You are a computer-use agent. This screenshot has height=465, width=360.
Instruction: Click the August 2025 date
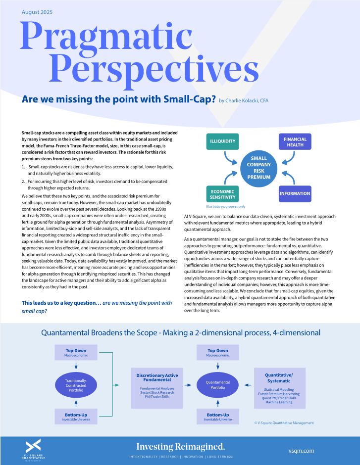(x=37, y=12)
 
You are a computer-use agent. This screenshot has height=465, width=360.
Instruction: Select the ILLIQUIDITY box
(x=223, y=141)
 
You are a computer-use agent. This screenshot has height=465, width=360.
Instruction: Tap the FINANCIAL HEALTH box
(x=295, y=142)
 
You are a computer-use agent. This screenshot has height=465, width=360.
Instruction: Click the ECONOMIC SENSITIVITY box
(x=223, y=194)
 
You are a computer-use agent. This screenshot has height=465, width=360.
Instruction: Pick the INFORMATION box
(x=295, y=193)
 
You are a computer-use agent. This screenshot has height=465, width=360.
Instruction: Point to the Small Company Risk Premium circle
(x=259, y=169)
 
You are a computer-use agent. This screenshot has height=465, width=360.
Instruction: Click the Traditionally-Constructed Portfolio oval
(x=76, y=385)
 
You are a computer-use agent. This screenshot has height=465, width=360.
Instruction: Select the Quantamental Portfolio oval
(x=218, y=385)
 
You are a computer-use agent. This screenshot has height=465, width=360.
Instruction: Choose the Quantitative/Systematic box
(x=280, y=388)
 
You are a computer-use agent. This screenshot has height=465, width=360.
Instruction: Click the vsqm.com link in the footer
(x=301, y=451)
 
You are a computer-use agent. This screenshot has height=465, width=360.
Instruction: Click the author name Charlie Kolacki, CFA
(x=244, y=100)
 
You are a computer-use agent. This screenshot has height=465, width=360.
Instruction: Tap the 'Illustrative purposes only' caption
(x=226, y=206)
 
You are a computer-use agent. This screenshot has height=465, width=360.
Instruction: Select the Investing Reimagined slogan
(x=180, y=447)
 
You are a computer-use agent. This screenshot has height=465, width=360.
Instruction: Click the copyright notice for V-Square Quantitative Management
(x=284, y=423)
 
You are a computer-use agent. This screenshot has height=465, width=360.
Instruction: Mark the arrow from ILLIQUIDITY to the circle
(x=229, y=158)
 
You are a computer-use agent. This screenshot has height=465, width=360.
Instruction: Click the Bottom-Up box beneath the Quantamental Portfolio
(x=218, y=417)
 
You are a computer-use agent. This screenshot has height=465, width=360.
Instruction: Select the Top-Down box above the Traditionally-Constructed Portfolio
(x=76, y=352)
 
